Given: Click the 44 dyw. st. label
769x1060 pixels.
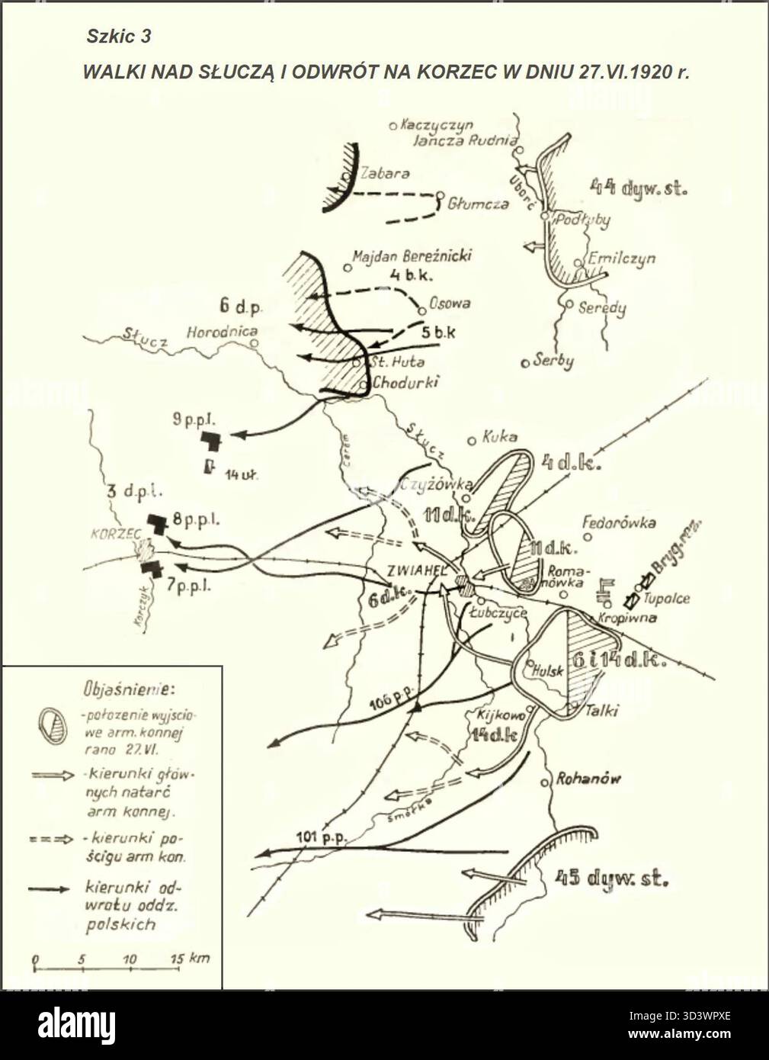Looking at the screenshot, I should (639, 187).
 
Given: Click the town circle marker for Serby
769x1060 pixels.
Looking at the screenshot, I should (524, 363).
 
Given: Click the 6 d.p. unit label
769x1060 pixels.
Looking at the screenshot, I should (240, 307).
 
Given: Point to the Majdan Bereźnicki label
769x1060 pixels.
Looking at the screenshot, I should (412, 255).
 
